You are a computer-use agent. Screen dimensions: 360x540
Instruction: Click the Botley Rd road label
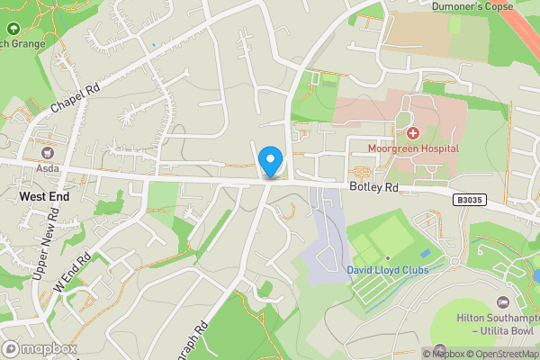(373, 188)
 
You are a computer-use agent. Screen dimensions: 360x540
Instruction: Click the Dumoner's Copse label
(472, 6)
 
